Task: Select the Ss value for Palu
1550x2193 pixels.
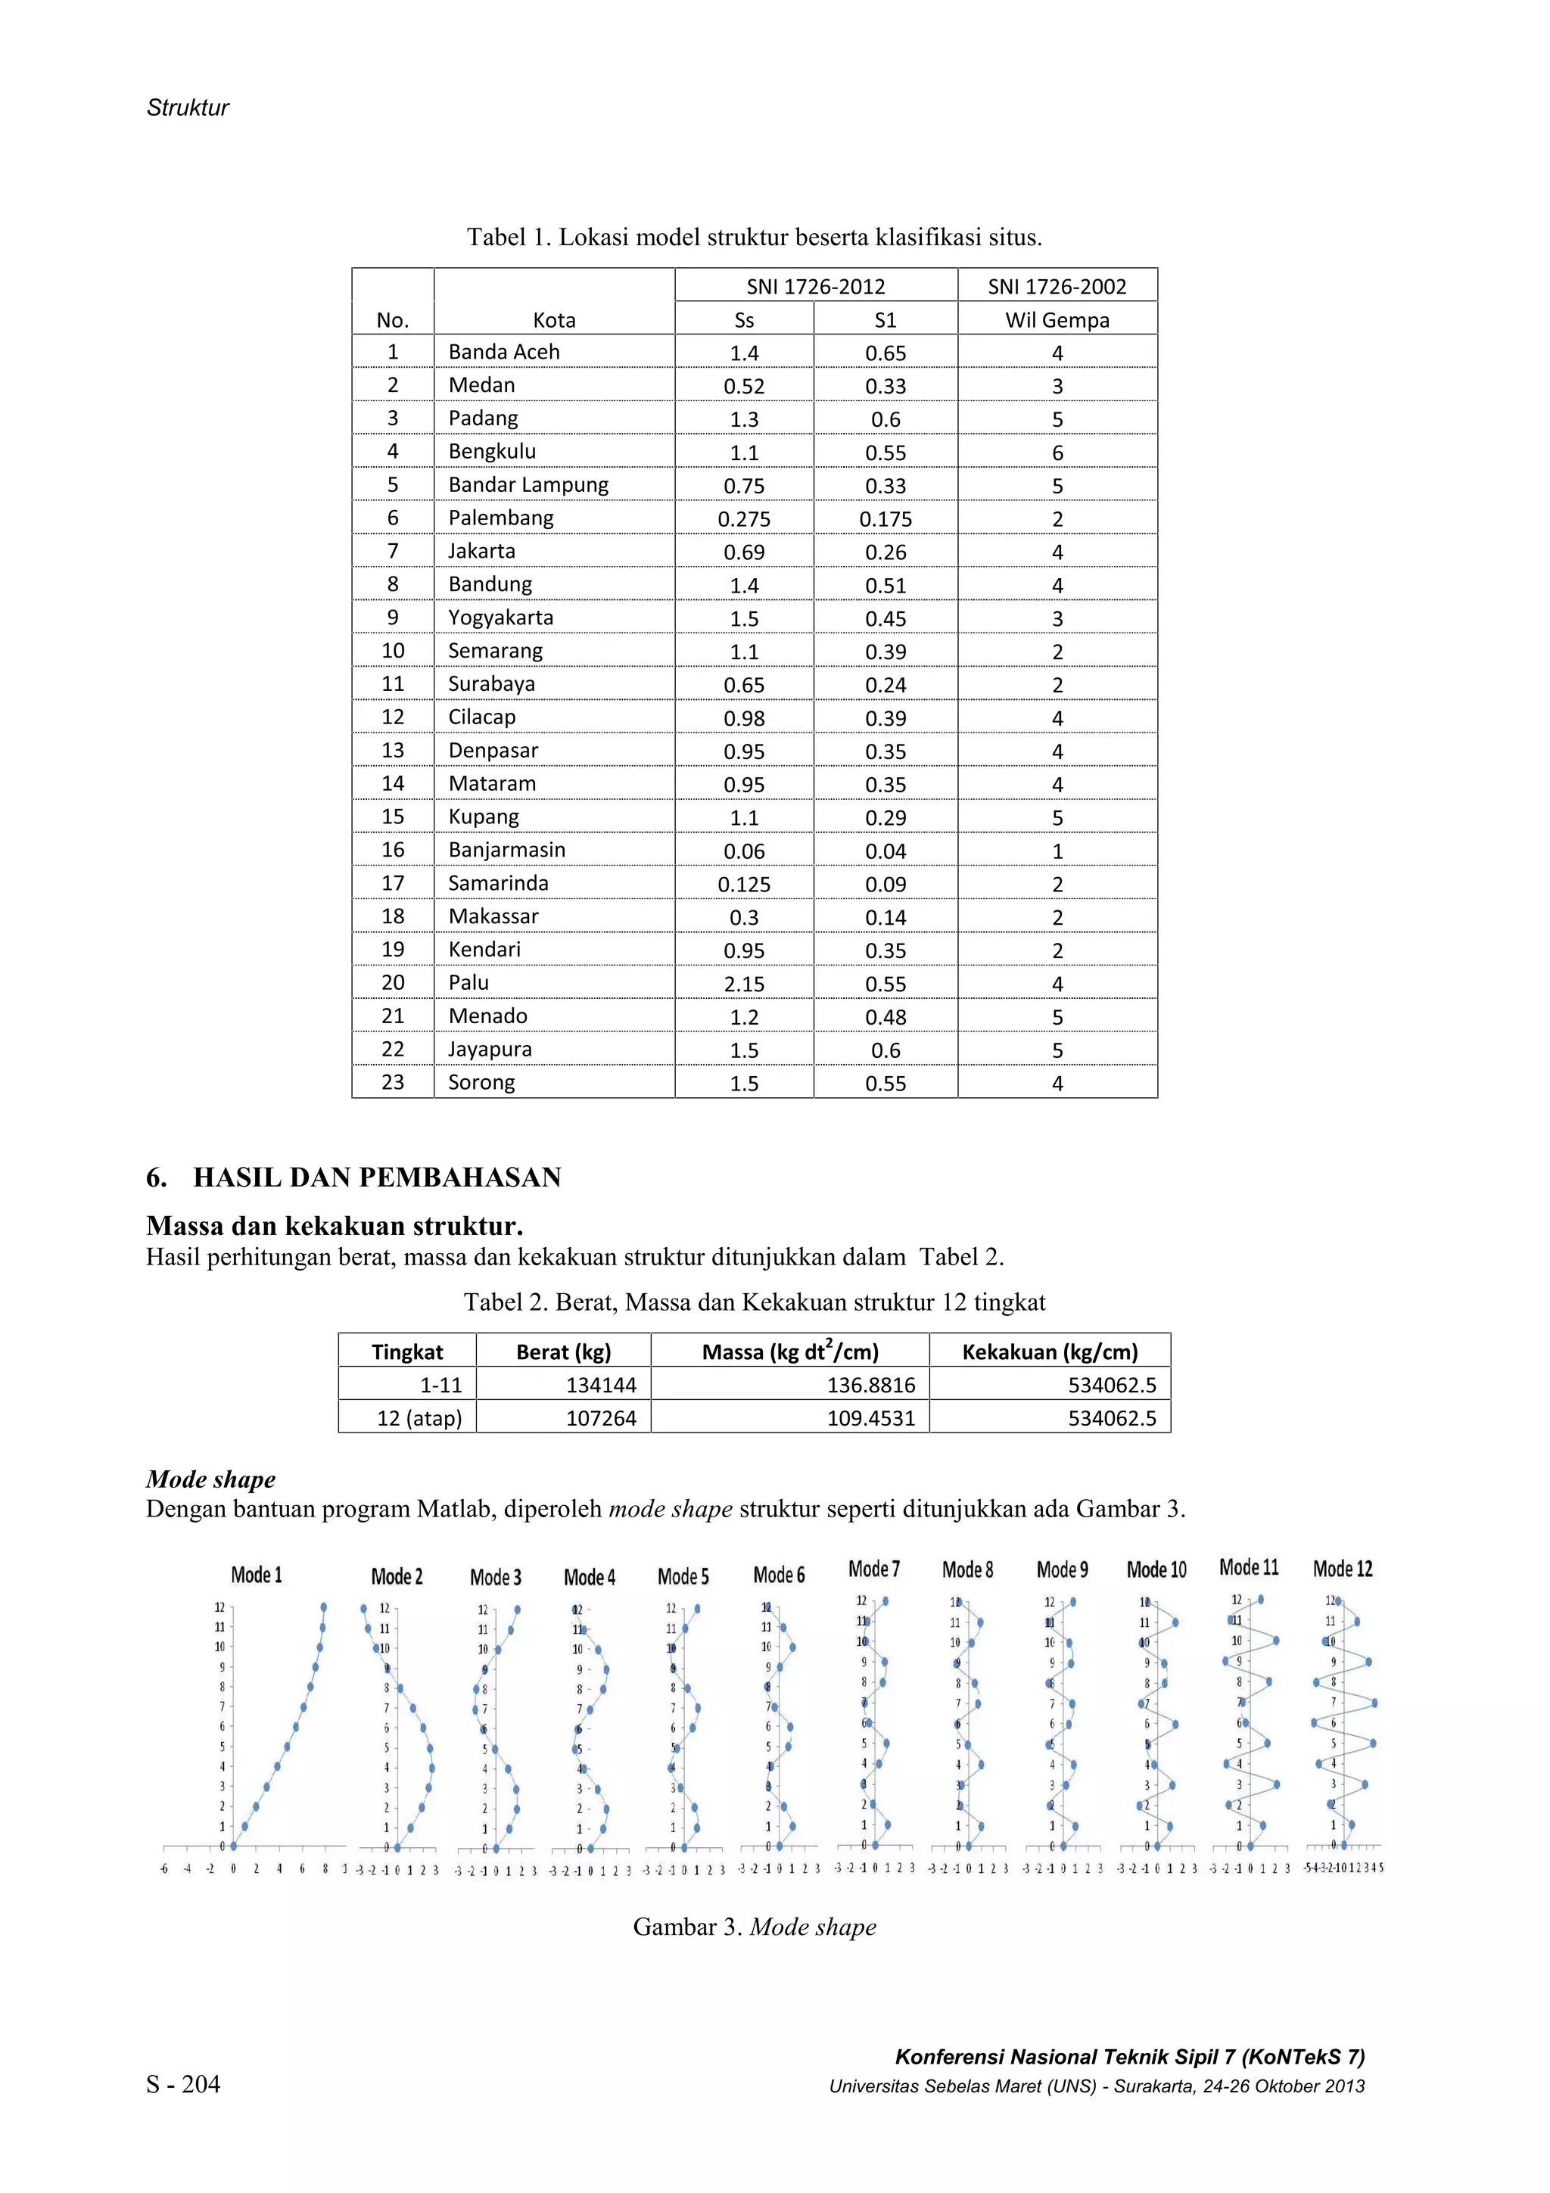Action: pos(743,984)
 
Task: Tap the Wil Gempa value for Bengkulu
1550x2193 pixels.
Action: pos(1057,453)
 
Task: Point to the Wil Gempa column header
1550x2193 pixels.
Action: pos(1057,320)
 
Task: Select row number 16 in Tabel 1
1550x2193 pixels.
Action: pos(393,849)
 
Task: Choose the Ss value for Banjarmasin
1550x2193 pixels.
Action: pos(743,851)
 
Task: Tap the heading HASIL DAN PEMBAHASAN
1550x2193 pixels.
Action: pos(376,1177)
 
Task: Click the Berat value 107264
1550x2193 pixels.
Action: pos(601,1417)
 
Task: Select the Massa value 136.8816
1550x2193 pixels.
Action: pos(870,1385)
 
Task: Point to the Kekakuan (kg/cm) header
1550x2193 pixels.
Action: pos(1049,1352)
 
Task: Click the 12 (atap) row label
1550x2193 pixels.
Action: pos(419,1417)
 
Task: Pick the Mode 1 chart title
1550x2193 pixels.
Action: pos(256,1575)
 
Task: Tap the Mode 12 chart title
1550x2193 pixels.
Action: pos(1342,1569)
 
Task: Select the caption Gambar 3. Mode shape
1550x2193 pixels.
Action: pos(754,1927)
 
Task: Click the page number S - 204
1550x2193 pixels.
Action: pos(182,2084)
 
